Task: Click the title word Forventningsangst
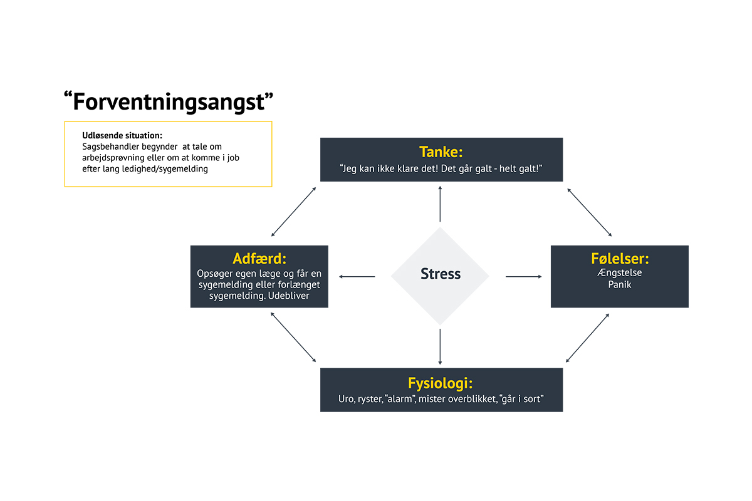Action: [169, 102]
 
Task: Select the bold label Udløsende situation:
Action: [122, 135]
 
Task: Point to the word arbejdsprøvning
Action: [113, 158]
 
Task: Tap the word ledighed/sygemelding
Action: [165, 169]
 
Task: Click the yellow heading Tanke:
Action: [441, 152]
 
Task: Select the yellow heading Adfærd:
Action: [259, 259]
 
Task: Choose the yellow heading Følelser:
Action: [620, 259]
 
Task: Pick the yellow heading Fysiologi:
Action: [440, 383]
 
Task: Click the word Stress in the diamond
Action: [441, 274]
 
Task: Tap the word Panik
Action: [620, 284]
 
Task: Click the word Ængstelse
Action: [619, 272]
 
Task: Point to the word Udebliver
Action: [288, 296]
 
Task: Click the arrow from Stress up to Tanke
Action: [440, 204]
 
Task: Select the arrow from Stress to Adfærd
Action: [357, 277]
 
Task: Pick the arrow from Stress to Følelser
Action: [524, 277]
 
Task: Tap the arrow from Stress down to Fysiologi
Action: [440, 347]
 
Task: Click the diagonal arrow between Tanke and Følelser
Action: [590, 212]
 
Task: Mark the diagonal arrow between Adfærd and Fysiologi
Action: [293, 338]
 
